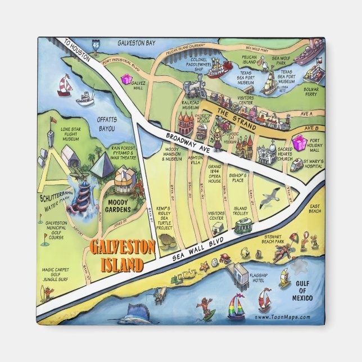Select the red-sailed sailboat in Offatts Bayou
(66, 85)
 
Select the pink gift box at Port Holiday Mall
(298, 144)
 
